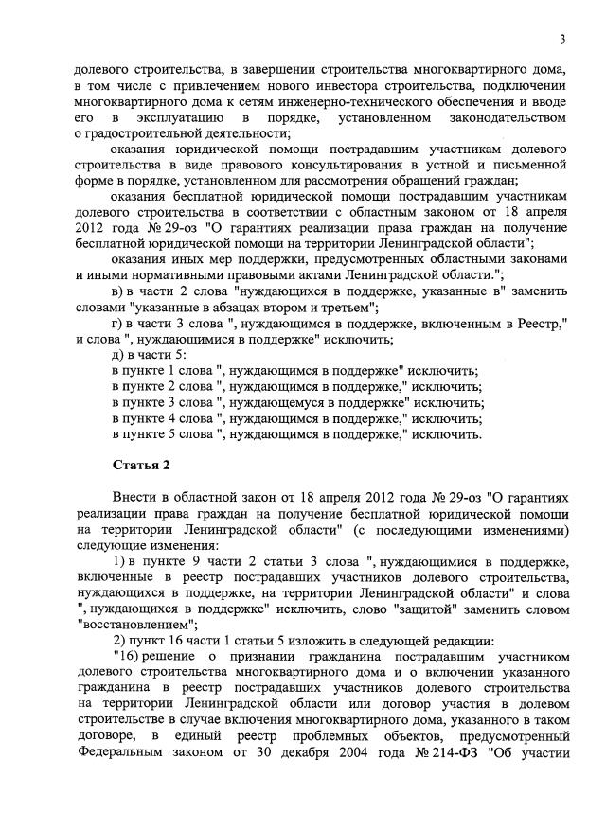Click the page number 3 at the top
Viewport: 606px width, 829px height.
[562, 39]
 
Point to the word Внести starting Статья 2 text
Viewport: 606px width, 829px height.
[137, 499]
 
